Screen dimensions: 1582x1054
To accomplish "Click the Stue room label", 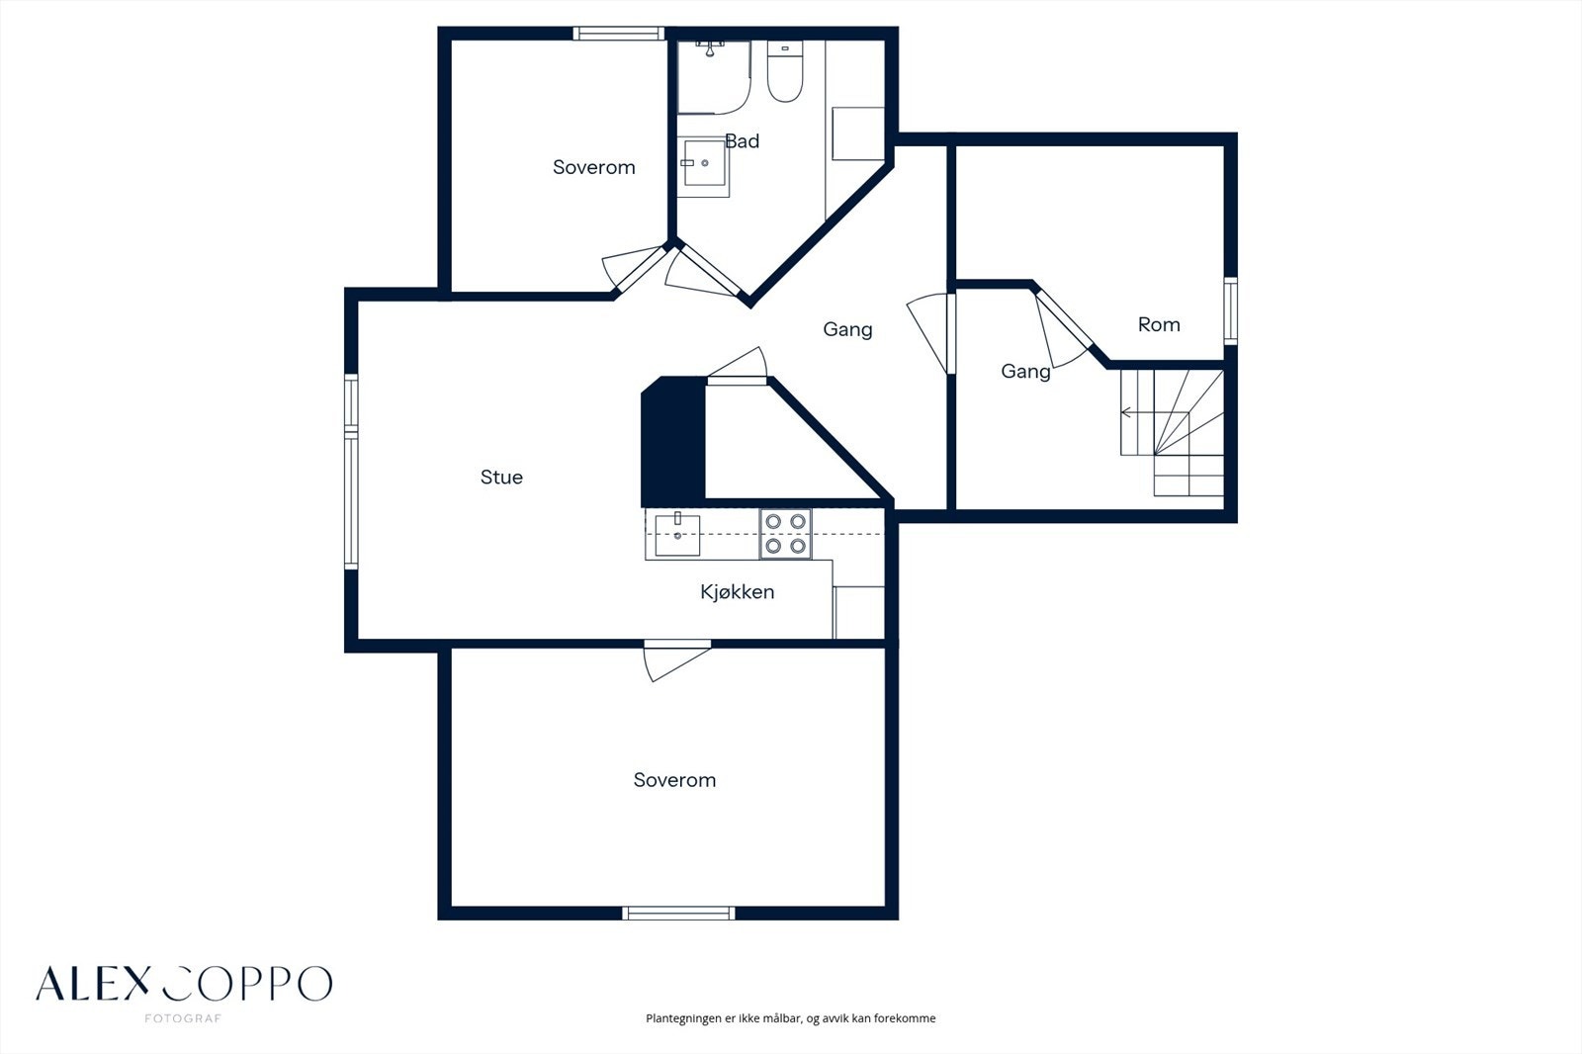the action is [x=501, y=478].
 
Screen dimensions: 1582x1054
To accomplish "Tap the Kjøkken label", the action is [x=738, y=592].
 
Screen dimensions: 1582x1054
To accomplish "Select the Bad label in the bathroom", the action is [x=743, y=141].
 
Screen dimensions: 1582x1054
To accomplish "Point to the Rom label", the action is [x=1159, y=325].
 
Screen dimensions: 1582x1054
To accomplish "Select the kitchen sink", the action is [x=677, y=535].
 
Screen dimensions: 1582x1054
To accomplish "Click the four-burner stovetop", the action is [x=785, y=533].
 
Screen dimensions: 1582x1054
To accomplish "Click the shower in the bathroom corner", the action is [x=713, y=77].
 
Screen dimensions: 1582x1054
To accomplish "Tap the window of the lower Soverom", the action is [x=678, y=914].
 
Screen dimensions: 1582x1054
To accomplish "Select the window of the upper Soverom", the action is [x=619, y=34].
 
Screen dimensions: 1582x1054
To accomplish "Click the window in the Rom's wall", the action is [x=1230, y=311].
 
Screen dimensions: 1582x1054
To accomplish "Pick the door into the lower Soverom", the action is [x=676, y=661].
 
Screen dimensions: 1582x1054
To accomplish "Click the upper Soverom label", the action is [x=594, y=167].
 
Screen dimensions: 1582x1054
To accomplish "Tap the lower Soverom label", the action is [x=674, y=780].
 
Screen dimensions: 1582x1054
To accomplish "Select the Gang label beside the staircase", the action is [x=1025, y=372].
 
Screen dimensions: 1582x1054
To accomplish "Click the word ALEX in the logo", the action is [x=94, y=984].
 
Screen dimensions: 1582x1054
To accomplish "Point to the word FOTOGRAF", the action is [x=183, y=1018].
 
